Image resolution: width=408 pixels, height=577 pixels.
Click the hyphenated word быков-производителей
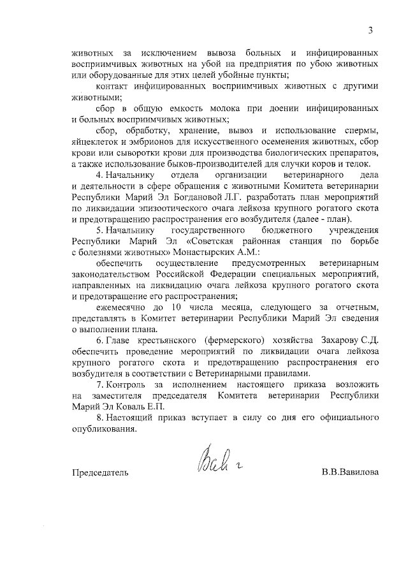198,164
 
